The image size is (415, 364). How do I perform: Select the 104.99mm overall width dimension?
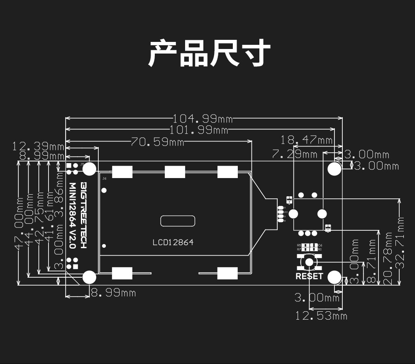(x=203, y=118)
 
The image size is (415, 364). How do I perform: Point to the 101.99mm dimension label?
(x=199, y=130)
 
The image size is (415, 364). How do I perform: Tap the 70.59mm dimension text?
(x=157, y=142)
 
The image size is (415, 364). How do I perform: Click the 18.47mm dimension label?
(x=307, y=139)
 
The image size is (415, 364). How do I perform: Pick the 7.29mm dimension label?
(x=294, y=154)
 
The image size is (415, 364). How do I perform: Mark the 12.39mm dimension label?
(x=38, y=146)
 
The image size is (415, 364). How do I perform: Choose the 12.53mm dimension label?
(x=321, y=316)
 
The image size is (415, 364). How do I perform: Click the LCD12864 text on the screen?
(x=173, y=242)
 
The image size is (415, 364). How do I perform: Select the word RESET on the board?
(x=309, y=276)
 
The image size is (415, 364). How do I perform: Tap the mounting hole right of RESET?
(x=334, y=277)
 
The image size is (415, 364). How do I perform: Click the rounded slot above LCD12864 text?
(x=178, y=221)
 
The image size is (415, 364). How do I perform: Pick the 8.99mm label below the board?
(x=113, y=293)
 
